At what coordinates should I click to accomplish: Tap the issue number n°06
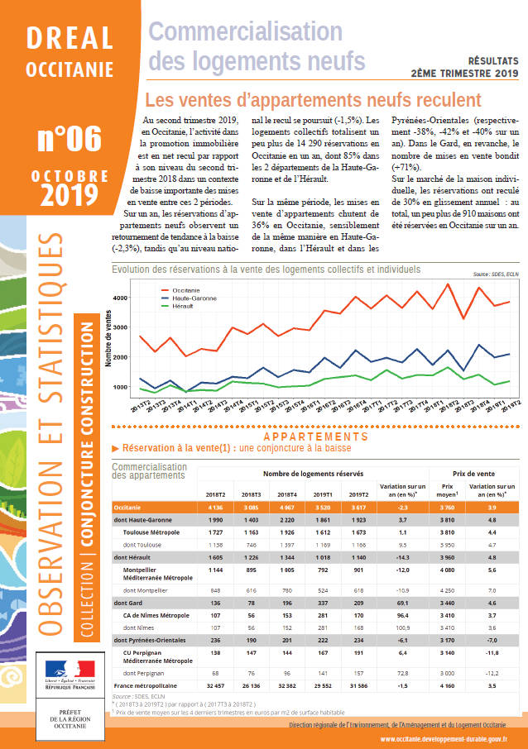tap(70, 138)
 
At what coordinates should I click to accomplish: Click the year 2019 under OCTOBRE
tap(70, 194)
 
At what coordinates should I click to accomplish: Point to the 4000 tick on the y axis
tap(122, 298)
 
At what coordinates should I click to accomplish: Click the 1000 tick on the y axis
tap(122, 387)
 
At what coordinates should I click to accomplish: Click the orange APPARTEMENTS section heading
tap(315, 437)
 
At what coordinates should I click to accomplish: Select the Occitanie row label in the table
tap(127, 508)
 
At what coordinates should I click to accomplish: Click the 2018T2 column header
tap(214, 494)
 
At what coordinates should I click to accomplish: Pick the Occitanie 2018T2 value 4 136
tap(214, 508)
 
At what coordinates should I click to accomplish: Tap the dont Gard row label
tap(129, 603)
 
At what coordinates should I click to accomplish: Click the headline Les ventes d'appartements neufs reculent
tap(313, 100)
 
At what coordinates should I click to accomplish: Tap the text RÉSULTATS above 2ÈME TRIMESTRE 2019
tap(493, 60)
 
